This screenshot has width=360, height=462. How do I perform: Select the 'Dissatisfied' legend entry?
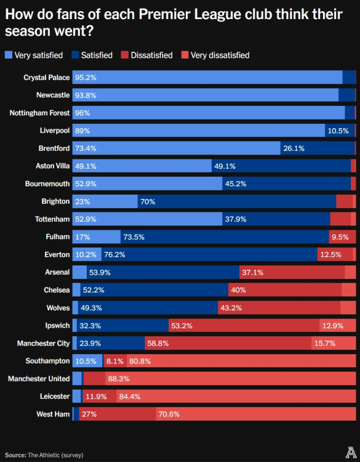pyautogui.click(x=148, y=55)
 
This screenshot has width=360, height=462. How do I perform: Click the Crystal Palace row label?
pyautogui.click(x=47, y=78)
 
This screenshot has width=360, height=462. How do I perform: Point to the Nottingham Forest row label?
pyautogui.click(x=40, y=113)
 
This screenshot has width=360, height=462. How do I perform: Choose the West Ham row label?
pyautogui.click(x=53, y=414)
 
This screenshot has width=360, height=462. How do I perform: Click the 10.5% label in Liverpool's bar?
pyautogui.click(x=338, y=131)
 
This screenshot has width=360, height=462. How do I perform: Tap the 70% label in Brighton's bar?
pyautogui.click(x=148, y=201)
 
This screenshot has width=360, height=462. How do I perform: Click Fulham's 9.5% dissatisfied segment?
pyautogui.click(x=340, y=237)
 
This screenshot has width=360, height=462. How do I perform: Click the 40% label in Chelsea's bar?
pyautogui.click(x=238, y=290)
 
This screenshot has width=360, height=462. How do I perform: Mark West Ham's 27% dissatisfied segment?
pyautogui.click(x=118, y=414)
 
